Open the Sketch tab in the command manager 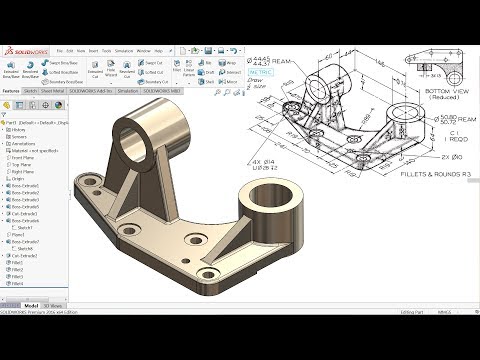(x=32, y=90)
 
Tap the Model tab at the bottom (x=31, y=304)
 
